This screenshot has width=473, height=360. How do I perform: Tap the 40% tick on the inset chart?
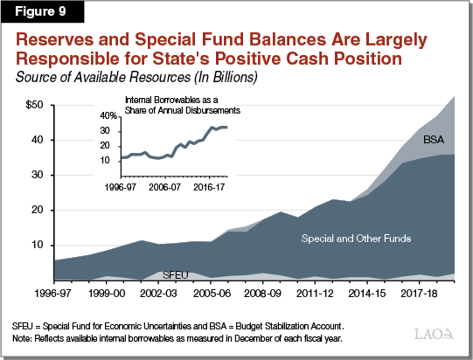pos(108,115)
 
